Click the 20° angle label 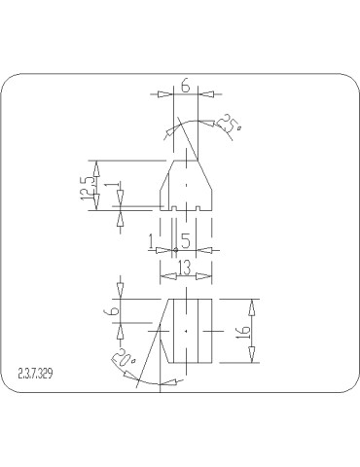(125, 365)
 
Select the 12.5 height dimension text (90, 185)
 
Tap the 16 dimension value (244, 332)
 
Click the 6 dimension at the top (185, 87)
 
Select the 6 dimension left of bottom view (113, 313)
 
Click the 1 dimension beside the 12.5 (118, 186)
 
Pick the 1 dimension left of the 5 (151, 239)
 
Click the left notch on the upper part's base (172, 206)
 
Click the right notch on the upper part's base (198, 206)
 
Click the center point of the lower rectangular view (185, 331)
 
